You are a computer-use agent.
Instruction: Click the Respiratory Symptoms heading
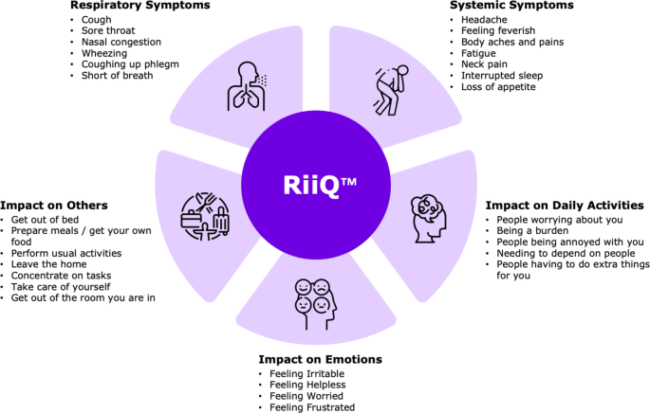point(139,6)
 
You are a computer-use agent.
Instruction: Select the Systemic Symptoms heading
point(511,6)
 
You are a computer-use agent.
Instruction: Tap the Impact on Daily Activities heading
point(565,206)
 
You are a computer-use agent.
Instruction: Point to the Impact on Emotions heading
point(320,360)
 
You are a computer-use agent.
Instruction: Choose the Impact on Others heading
point(54,206)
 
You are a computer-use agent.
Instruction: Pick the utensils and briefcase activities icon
point(204,214)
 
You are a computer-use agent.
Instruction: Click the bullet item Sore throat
point(108,30)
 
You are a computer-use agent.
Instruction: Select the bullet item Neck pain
point(483,64)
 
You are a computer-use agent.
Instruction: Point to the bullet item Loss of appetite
point(498,87)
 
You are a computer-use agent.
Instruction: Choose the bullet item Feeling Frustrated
point(311,407)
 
